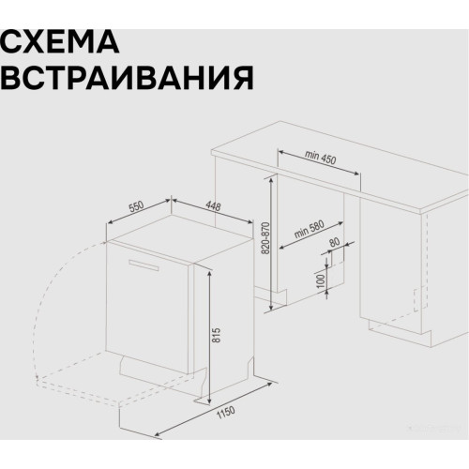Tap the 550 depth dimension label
point(137,208)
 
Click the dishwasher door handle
point(139,264)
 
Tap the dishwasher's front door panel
point(150,310)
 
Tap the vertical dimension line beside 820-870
point(272,244)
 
